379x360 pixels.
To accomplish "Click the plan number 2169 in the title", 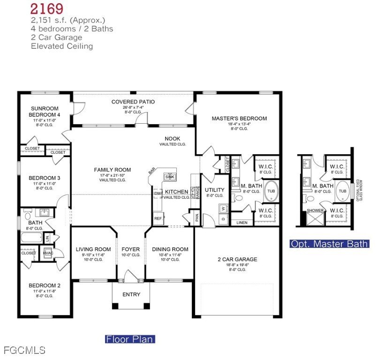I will coord(47,8).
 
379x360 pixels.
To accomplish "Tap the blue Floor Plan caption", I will coord(129,339).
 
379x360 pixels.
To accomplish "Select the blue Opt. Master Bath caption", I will coord(329,244).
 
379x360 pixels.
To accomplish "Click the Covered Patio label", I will coord(133,102).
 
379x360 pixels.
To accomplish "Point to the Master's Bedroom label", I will coord(239,119).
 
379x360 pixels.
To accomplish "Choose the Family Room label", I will coord(112,170).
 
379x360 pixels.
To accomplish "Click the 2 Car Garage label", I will coord(237,259).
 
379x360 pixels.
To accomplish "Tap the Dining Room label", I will coord(170,249).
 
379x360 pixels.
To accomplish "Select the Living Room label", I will coord(93,249).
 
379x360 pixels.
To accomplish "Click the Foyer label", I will coord(131,249).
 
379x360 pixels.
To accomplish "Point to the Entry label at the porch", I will coord(131,294).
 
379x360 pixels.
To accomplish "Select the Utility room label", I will coord(215,190).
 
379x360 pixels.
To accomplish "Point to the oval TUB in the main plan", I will coord(271,191).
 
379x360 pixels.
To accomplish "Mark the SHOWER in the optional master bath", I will coord(315,211).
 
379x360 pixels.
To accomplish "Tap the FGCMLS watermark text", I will coord(24,350).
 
